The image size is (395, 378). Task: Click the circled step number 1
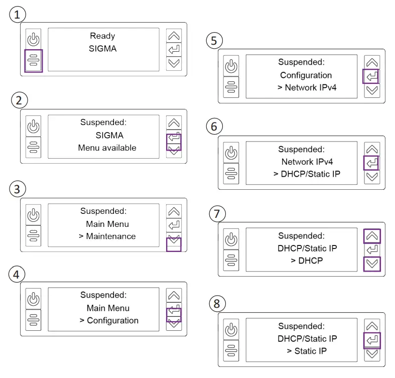[18, 15]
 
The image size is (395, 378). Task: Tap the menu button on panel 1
[33, 61]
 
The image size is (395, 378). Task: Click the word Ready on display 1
[102, 36]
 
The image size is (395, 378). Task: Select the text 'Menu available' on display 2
[107, 148]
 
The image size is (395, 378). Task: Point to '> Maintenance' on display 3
[107, 236]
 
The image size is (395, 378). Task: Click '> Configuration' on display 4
[109, 320]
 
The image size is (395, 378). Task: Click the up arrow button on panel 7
[372, 236]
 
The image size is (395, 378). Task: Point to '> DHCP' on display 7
[306, 261]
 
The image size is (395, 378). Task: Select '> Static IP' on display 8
[307, 350]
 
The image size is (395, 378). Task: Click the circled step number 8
[216, 304]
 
